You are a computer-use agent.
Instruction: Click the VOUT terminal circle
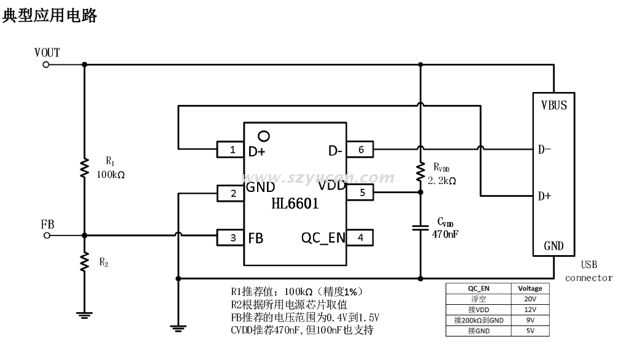(x=46, y=63)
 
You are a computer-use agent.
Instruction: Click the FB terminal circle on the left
(x=46, y=235)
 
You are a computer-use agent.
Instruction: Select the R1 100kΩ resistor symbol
(x=84, y=168)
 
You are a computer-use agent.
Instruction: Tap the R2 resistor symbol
(x=84, y=262)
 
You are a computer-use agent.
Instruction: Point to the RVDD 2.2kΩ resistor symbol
(x=420, y=172)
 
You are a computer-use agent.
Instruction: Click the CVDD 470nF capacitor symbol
(x=420, y=228)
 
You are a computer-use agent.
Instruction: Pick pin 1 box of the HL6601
(x=231, y=149)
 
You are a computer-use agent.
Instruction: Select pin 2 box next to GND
(x=231, y=193)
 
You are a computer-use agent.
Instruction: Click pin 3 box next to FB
(x=231, y=237)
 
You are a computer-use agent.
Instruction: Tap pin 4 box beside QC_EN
(x=360, y=237)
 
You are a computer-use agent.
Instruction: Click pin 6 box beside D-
(x=360, y=149)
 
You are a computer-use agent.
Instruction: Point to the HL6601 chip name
(x=295, y=204)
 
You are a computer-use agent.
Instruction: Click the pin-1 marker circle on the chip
(x=264, y=136)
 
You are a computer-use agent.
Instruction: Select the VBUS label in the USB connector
(x=553, y=105)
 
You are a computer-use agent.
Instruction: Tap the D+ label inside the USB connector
(x=544, y=196)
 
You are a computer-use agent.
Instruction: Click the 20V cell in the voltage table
(x=530, y=299)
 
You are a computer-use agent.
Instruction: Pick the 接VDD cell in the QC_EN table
(x=478, y=310)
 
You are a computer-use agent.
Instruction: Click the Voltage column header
(x=530, y=288)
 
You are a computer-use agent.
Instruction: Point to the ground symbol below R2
(x=84, y=316)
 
